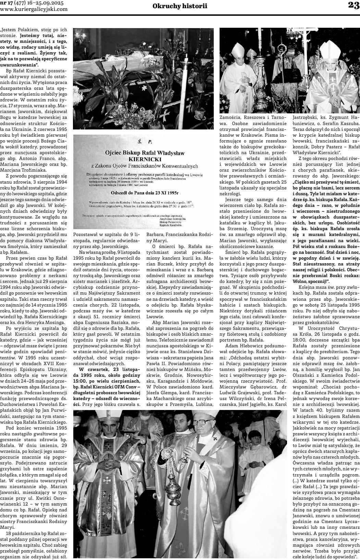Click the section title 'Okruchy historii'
coord(180,6)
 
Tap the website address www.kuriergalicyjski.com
coord(34,9)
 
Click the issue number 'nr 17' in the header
coord(7,3)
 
